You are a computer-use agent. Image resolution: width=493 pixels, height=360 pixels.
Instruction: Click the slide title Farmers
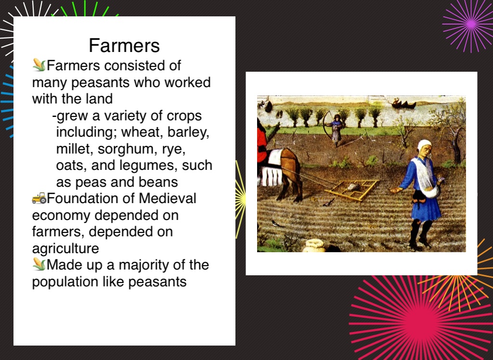point(124,46)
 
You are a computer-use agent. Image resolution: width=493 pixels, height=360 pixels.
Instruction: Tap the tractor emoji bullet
point(39,198)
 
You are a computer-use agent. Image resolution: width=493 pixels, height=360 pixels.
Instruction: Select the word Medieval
point(168,198)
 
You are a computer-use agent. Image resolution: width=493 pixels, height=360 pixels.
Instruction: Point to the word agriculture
point(65,249)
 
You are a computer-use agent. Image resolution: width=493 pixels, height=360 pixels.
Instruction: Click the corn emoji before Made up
point(39,264)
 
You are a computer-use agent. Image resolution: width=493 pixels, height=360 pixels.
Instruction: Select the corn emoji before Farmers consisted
point(39,65)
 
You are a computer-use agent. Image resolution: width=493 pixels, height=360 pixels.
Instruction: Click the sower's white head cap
point(424,145)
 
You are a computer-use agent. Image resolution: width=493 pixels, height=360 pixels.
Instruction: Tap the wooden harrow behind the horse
point(352,190)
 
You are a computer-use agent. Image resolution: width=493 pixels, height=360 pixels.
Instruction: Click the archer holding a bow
point(336,129)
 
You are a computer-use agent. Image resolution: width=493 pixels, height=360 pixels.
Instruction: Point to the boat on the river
point(404,104)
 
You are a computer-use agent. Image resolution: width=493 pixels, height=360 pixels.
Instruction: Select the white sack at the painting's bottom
point(314,245)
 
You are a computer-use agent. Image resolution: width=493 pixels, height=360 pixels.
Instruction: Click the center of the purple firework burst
point(471,24)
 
